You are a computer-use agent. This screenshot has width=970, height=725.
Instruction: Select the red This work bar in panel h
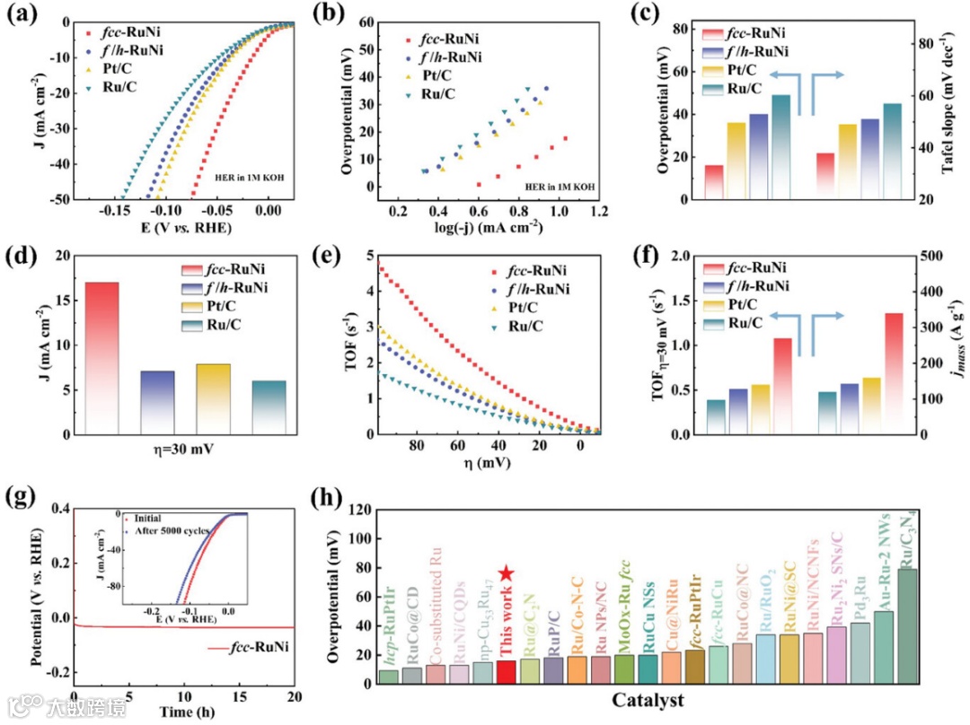506,672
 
